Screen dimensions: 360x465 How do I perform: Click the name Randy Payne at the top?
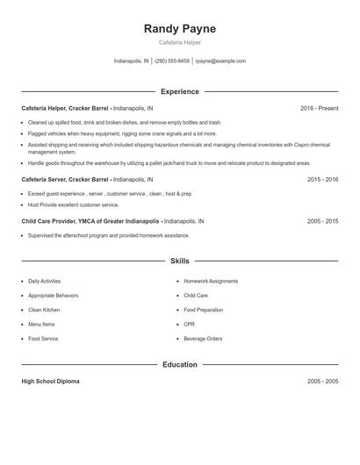pyautogui.click(x=179, y=29)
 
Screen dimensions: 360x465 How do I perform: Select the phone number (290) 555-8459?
pyautogui.click(x=173, y=61)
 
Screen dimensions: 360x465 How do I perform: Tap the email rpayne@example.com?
pyautogui.click(x=220, y=61)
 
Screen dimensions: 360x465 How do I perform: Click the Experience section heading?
pyautogui.click(x=179, y=91)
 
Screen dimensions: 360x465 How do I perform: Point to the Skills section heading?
pyautogui.click(x=179, y=261)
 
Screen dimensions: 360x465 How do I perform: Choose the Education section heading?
pyautogui.click(x=179, y=364)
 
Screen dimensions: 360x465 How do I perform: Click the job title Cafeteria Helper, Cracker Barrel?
pyautogui.click(x=67, y=108)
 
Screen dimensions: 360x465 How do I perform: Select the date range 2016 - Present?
pyautogui.click(x=319, y=108)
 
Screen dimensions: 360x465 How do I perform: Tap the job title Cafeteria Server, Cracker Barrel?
pyautogui.click(x=67, y=179)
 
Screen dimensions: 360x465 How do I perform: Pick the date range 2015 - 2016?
pyautogui.click(x=322, y=179)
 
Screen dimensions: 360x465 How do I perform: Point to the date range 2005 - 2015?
pyautogui.click(x=322, y=221)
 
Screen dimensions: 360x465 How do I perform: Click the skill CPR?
pyautogui.click(x=190, y=324)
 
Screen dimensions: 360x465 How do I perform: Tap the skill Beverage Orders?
pyautogui.click(x=203, y=338)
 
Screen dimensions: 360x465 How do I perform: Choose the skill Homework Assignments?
pyautogui.click(x=211, y=282)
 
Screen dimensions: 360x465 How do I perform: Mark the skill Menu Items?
pyautogui.click(x=40, y=324)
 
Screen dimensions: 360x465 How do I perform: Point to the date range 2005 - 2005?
pyautogui.click(x=322, y=382)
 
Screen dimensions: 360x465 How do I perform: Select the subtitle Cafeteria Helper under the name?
pyautogui.click(x=179, y=43)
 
